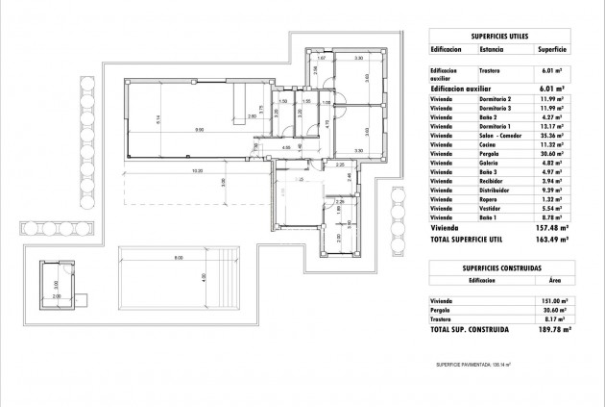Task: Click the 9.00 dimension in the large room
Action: pyautogui.click(x=199, y=130)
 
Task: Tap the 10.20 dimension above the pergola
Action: pyautogui.click(x=197, y=172)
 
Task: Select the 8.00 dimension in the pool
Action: pyautogui.click(x=178, y=258)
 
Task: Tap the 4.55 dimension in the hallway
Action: pyautogui.click(x=285, y=148)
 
